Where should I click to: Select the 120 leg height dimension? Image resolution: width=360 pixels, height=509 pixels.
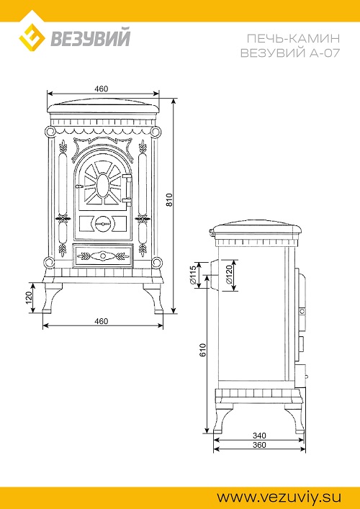coord(28,297)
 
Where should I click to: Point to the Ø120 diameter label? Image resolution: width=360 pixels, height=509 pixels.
coord(229,274)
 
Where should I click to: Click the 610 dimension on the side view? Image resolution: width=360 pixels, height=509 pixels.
coord(202,351)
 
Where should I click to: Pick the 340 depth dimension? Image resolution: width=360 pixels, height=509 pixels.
coord(259,435)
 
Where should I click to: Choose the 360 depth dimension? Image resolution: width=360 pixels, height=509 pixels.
coord(259,444)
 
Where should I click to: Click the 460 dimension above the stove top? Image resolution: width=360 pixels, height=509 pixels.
coord(101,89)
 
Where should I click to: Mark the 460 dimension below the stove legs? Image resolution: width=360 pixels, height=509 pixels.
coord(101,321)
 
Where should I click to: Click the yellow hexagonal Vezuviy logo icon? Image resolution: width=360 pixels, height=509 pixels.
coord(32,36)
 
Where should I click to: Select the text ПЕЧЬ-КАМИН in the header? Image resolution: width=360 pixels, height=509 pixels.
coord(293,39)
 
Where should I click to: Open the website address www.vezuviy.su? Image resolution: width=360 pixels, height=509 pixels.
coord(279,497)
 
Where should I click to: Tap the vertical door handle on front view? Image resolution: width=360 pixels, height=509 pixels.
coord(127,189)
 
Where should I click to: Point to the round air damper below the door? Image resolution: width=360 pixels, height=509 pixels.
coord(102,224)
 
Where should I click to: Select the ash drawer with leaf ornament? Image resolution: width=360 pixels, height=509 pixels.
coord(103,256)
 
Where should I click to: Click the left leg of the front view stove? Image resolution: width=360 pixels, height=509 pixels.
coord(52,298)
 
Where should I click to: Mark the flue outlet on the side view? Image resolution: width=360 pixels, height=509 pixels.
coord(212,275)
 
